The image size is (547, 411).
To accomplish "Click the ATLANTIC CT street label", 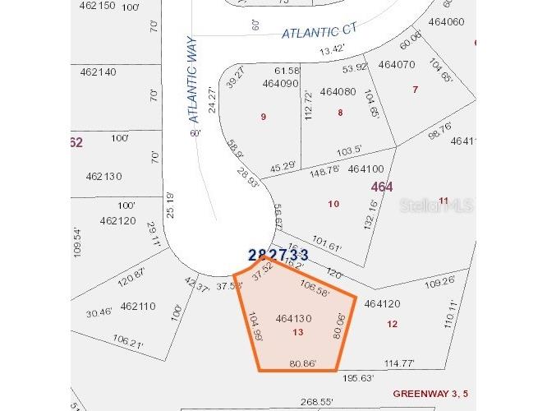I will pos(319,32).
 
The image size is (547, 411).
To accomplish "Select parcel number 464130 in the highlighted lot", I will pos(293,318).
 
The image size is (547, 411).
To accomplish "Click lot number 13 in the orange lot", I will pos(297,332).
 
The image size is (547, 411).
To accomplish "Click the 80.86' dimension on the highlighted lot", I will pos(303,363).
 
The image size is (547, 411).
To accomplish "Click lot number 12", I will pos(392,324).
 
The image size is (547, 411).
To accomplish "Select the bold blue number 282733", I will pos(278,256).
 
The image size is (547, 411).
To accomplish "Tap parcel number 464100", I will pos(365,169).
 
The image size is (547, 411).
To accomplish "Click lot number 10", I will pos(333,204).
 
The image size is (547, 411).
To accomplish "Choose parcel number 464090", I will pos(280,84).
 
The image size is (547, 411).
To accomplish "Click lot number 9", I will pos(263,117).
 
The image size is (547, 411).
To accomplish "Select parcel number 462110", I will pos(137,306).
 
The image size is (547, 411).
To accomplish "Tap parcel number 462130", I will pos(103,176).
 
